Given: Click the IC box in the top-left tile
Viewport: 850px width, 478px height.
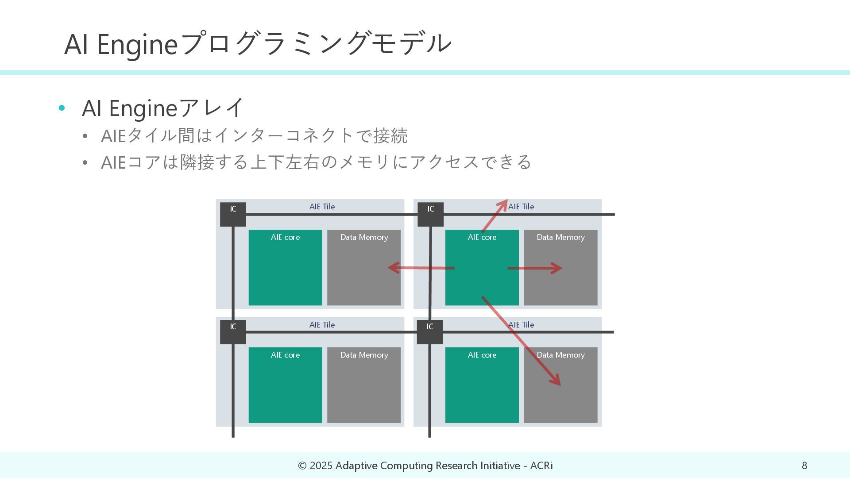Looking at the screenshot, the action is pos(233,214).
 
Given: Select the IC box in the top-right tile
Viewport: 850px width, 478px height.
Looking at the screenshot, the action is pos(430,214).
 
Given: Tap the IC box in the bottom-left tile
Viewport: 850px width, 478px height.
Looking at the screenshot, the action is pos(233,332).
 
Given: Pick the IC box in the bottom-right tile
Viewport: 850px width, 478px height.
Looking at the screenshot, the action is pos(429,332).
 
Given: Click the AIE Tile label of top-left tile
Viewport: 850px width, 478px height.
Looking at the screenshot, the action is pos(322,207).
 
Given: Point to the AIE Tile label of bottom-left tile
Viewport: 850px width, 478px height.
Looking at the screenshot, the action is pos(322,325).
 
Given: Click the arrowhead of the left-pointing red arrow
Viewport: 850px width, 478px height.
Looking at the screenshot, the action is pos(391,267).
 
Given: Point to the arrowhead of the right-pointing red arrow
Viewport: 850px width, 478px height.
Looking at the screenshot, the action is pos(559,268).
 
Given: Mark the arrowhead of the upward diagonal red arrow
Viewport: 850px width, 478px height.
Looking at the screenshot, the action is pos(505,203).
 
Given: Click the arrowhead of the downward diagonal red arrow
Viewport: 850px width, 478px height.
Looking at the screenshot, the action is pos(558,382).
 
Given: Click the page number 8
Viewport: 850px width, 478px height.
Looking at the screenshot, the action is pos(804,466).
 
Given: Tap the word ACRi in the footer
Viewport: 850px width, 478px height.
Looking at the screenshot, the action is pos(541,466).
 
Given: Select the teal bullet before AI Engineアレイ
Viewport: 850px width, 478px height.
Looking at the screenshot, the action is pos(62,108).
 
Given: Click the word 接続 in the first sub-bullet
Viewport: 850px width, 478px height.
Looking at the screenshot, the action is pos(390,135).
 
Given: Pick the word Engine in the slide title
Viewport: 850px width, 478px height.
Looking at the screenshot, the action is pos(137,44).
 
